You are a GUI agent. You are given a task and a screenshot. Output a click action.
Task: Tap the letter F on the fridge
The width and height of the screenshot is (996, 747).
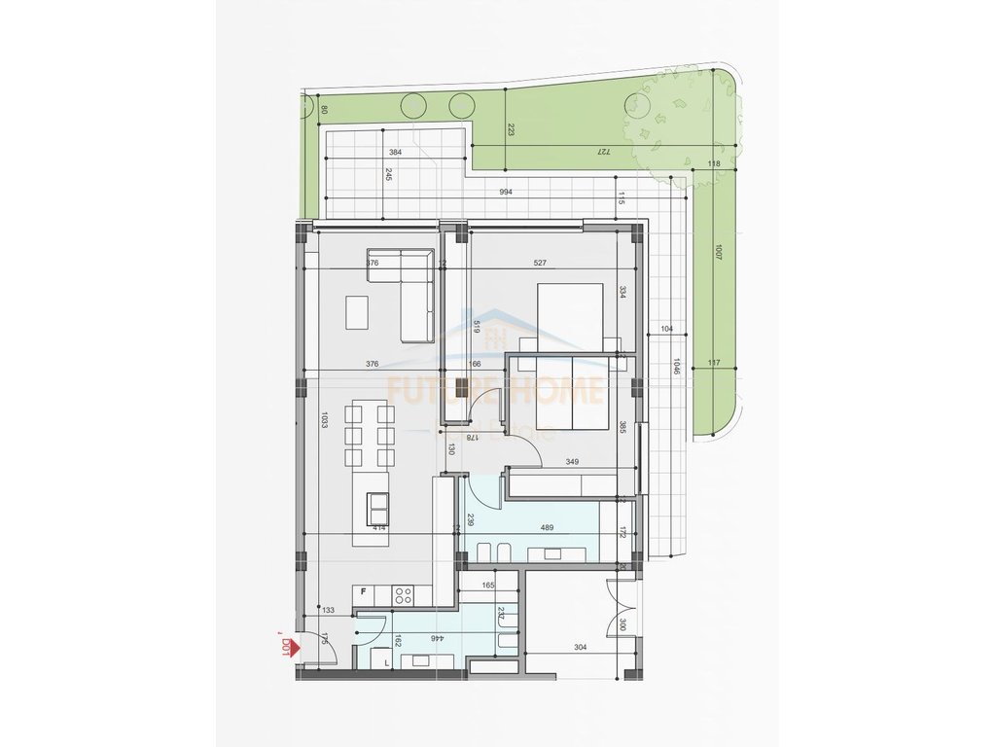[363, 591]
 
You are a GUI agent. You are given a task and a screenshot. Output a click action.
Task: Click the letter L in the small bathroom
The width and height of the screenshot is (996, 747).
[387, 663]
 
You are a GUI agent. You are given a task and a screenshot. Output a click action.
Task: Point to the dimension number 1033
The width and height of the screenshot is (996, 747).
[324, 424]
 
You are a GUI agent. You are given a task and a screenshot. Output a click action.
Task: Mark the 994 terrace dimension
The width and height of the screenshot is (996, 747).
[506, 193]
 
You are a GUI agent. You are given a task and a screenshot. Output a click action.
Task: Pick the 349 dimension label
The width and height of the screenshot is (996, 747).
[574, 462]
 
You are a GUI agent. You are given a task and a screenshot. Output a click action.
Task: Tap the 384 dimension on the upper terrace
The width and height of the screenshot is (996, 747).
[395, 153]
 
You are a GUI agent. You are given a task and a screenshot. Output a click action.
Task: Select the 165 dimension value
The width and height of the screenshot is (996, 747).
[488, 586]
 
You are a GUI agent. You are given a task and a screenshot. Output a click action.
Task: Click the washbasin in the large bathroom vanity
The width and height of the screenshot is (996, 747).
[552, 552]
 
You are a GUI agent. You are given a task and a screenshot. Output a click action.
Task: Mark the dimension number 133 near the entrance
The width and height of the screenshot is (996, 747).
[329, 610]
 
